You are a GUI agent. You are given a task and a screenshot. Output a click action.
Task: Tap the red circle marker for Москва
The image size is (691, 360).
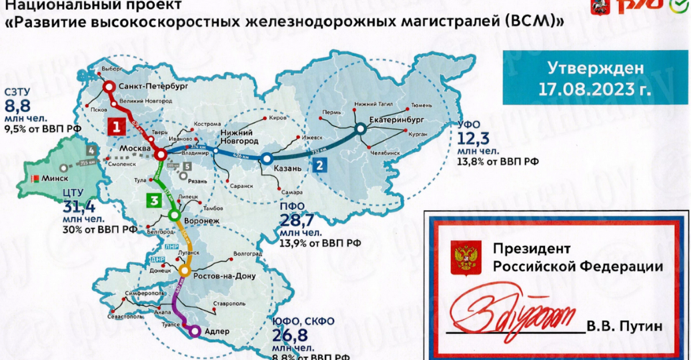pos(161,155)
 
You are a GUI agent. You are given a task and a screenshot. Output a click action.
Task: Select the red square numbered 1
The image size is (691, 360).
pos(115,125)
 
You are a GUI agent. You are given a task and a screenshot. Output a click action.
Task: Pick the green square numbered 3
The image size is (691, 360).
pos(154,200)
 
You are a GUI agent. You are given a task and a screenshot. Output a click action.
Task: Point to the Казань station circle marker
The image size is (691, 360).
pos(266,159)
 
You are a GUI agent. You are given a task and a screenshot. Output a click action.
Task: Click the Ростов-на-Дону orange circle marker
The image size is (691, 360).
pos(185,271)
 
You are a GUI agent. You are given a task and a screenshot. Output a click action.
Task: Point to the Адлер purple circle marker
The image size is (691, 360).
pos(195,330)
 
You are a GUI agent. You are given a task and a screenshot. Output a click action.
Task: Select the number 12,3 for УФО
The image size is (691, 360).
pos(474,139)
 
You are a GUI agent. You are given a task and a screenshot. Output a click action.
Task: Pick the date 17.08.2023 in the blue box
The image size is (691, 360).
pos(586,87)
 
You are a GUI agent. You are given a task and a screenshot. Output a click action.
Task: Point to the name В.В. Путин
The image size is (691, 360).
pos(625,327)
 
